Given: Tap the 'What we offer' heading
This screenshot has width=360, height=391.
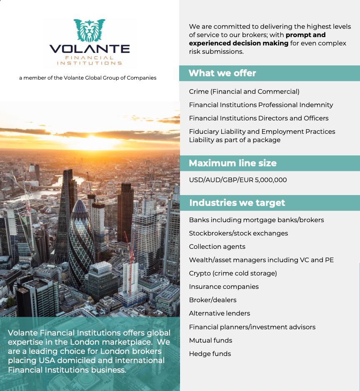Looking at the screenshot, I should (x=222, y=73).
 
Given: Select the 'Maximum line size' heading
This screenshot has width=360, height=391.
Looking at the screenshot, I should (x=232, y=163).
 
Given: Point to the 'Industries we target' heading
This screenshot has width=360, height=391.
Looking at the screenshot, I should (x=237, y=203).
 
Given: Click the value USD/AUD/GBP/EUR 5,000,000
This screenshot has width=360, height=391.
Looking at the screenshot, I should (x=237, y=180).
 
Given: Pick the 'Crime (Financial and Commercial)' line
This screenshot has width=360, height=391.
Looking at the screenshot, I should (x=244, y=92).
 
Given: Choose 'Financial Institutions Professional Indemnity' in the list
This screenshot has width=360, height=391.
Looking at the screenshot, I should (x=261, y=105).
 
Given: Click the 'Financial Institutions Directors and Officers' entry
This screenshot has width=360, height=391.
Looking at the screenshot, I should (x=259, y=118).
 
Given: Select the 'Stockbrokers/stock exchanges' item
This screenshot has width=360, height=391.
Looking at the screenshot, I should (x=238, y=233).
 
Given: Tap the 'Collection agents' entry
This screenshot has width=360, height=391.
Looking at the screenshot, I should (x=217, y=247).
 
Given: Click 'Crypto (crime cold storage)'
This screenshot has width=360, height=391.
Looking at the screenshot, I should (x=233, y=273).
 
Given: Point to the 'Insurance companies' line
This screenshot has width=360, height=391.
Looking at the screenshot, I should (x=224, y=287).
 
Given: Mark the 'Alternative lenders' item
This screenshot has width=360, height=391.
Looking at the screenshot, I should (x=220, y=313).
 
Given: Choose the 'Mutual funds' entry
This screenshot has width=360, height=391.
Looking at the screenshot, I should (x=210, y=341).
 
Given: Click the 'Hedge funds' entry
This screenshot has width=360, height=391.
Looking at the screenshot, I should (x=210, y=354).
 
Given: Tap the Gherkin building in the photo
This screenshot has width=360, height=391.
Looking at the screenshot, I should (x=81, y=238).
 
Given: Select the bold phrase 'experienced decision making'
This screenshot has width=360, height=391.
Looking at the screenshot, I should (x=239, y=43).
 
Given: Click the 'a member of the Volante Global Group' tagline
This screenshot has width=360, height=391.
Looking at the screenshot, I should (x=87, y=78).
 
